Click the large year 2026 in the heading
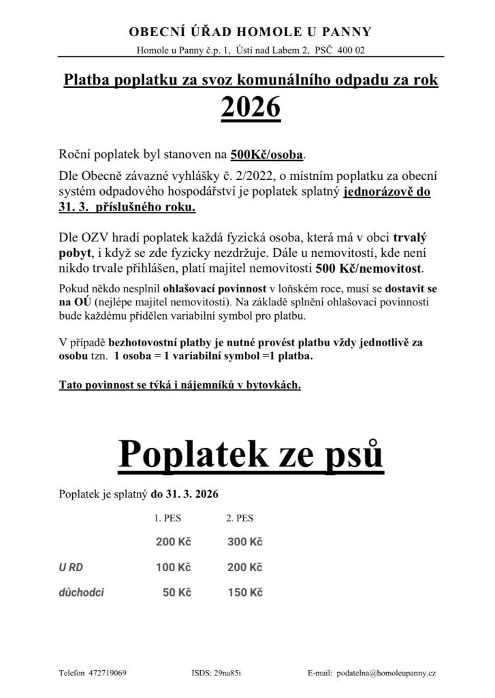(251, 107)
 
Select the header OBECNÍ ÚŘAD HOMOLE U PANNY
(250, 32)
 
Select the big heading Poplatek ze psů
(251, 453)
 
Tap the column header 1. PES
(167, 518)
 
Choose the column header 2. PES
(240, 518)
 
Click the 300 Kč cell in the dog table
(245, 542)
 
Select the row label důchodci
(82, 592)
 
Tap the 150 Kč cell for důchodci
(245, 592)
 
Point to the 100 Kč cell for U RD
(173, 567)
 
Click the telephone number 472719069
(108, 673)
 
